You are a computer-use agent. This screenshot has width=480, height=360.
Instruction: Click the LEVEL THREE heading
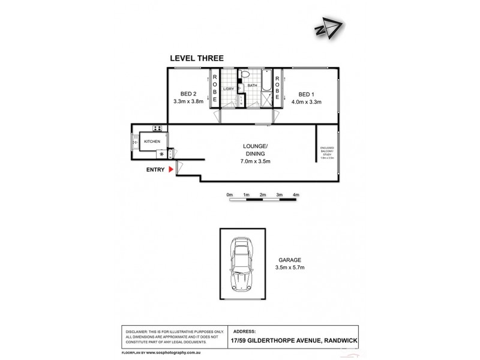pyautogui.click(x=197, y=58)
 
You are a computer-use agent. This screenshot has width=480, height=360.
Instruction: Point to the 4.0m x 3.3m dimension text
pyautogui.click(x=306, y=101)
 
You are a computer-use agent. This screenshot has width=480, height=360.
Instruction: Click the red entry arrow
pyautogui.click(x=171, y=170)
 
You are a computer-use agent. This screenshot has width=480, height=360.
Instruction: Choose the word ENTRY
pyautogui.click(x=155, y=170)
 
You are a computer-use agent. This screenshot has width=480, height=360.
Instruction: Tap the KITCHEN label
pyautogui.click(x=152, y=142)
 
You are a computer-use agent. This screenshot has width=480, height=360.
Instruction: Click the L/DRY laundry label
pyautogui.click(x=228, y=89)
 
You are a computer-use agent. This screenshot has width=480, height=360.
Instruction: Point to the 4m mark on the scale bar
pyautogui.click(x=296, y=195)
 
